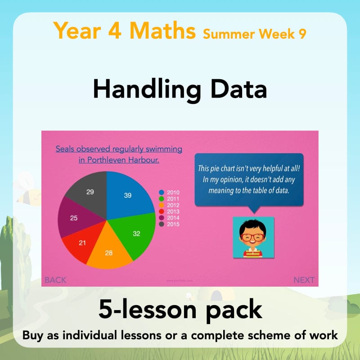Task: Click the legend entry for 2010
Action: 169,192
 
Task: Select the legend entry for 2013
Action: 169,211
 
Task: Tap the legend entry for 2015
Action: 169,224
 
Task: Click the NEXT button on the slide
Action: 304,280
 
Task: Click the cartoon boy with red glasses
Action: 253,238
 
